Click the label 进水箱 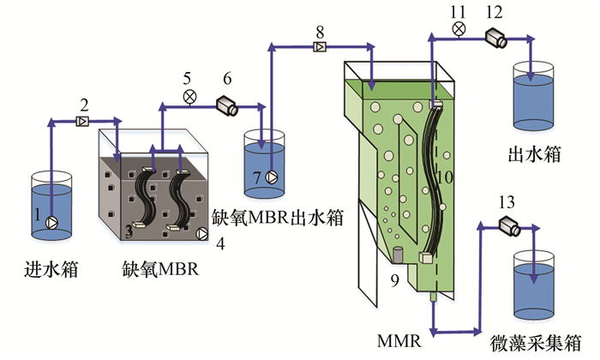51,271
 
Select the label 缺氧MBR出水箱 278,217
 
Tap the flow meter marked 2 83,123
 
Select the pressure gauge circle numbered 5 189,98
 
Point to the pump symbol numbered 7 272,177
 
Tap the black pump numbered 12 495,36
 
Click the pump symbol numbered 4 202,232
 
